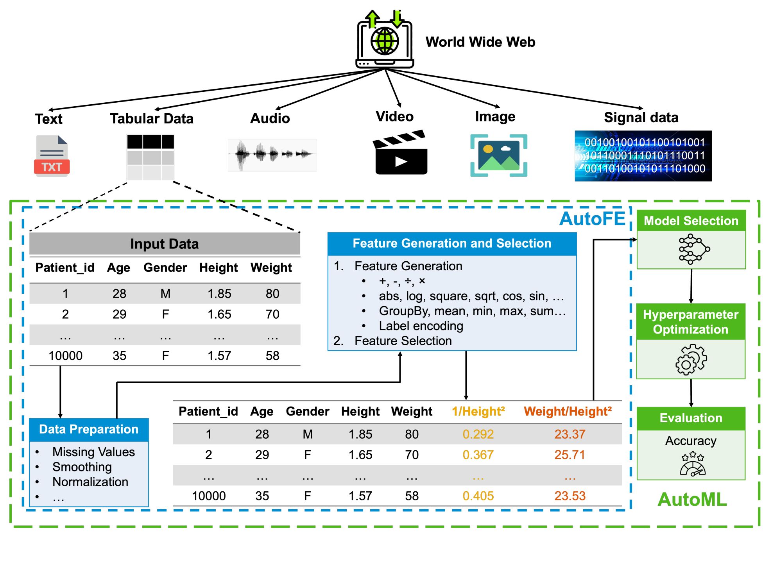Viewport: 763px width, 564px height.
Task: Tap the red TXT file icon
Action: tap(52, 156)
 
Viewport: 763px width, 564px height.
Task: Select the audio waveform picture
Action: tap(272, 155)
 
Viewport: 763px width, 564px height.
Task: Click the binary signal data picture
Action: tap(643, 156)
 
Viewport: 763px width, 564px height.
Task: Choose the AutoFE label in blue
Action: tap(592, 219)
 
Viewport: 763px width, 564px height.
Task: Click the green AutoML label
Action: tap(692, 500)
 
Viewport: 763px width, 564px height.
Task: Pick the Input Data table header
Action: tap(165, 244)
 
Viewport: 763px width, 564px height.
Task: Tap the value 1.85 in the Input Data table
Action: tap(219, 294)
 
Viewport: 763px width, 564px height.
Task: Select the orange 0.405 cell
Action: tap(478, 496)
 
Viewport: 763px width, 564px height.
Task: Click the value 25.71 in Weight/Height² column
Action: tap(570, 455)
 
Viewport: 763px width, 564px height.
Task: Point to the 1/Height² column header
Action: tap(478, 411)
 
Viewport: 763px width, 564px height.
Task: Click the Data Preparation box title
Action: tap(89, 429)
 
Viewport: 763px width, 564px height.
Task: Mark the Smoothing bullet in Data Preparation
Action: tap(82, 467)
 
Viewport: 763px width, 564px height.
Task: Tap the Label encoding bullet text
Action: tap(421, 326)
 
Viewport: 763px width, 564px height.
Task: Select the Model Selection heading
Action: tap(691, 221)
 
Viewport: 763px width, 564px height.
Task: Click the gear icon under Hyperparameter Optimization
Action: tap(691, 359)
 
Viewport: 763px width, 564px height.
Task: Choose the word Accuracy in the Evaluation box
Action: tap(691, 441)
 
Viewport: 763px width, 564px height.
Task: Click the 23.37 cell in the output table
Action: tap(570, 434)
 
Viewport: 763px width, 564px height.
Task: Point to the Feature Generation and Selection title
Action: tap(452, 243)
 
